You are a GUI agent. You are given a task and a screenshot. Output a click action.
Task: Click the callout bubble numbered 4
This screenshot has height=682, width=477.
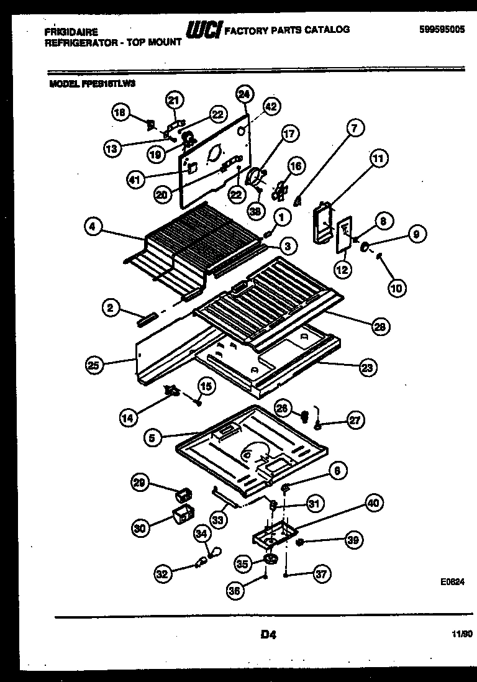92,228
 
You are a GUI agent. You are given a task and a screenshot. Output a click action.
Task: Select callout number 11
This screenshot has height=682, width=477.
378,159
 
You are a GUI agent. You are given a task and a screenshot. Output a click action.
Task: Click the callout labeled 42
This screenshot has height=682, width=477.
271,106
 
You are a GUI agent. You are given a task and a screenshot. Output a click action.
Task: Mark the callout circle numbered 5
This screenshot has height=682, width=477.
152,438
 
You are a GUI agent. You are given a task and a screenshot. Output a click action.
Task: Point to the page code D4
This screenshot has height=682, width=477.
268,634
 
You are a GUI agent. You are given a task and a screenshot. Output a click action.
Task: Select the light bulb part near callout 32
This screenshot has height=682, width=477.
201,563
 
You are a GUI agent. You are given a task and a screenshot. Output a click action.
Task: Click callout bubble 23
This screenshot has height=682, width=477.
367,367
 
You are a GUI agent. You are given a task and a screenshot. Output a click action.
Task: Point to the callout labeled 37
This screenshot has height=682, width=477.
321,574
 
